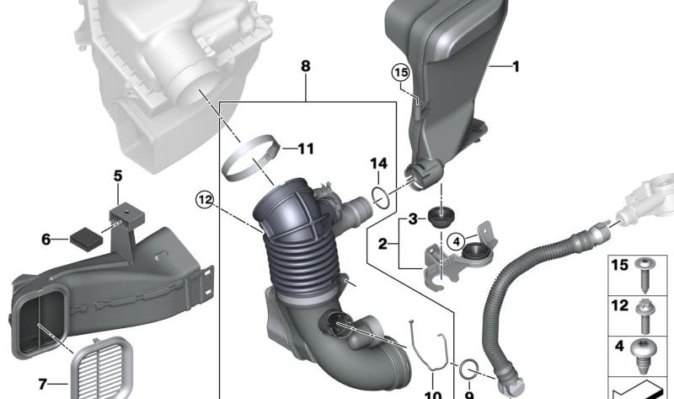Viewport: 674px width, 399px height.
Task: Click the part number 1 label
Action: [516, 66]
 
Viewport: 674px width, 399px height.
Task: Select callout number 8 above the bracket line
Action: [305, 66]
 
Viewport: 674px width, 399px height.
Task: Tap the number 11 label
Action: [304, 149]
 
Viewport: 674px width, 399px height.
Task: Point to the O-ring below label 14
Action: [380, 197]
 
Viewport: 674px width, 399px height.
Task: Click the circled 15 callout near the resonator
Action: [399, 73]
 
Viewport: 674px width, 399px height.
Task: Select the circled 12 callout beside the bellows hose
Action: [204, 199]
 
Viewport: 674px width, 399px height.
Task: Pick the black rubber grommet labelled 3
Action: [438, 217]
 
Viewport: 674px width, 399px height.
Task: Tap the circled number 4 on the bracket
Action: [456, 242]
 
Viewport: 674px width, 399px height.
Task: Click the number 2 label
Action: [382, 245]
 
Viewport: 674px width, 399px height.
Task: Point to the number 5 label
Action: [118, 176]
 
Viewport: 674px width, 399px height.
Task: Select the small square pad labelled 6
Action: [81, 238]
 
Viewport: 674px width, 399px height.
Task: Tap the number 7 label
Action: [42, 385]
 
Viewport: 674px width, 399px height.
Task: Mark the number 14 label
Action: [379, 162]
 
